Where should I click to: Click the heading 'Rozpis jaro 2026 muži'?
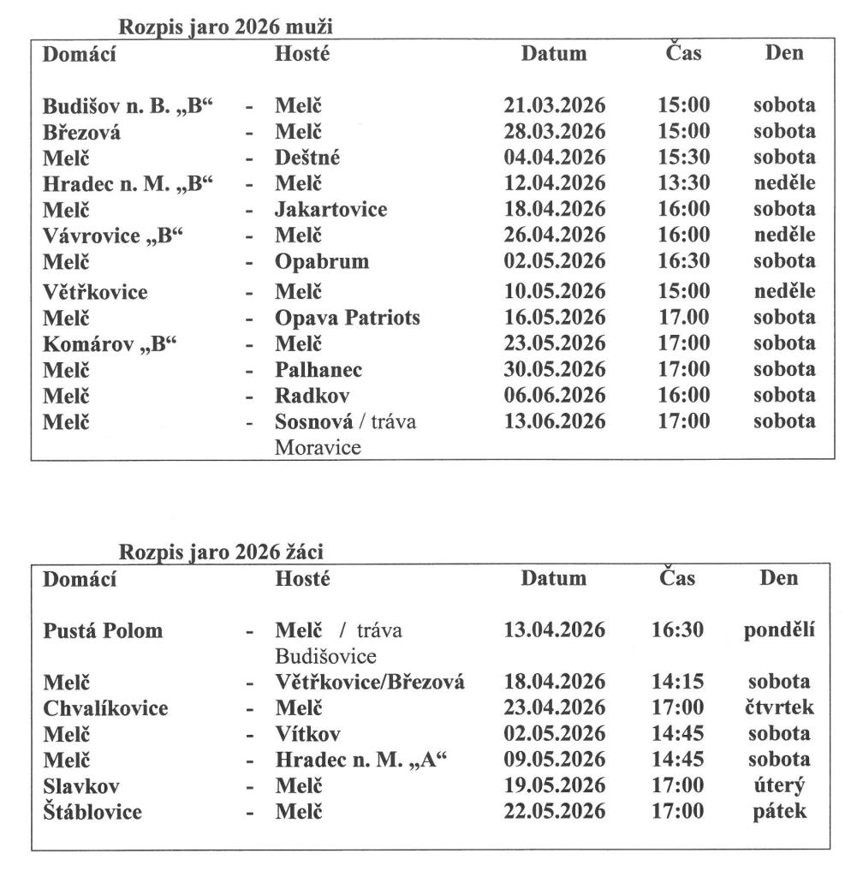click(x=226, y=27)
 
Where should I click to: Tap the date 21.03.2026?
click(x=554, y=106)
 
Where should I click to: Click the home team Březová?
click(x=82, y=133)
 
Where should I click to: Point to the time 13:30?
click(x=683, y=184)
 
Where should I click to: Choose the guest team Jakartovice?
click(x=330, y=210)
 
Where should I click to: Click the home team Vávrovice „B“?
click(x=115, y=236)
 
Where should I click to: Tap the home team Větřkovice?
click(x=95, y=292)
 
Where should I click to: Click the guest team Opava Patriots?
click(x=348, y=318)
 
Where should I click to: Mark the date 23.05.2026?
click(x=554, y=343)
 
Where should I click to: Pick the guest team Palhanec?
click(x=318, y=370)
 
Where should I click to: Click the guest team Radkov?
click(x=312, y=396)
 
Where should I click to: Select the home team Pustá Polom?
click(x=103, y=631)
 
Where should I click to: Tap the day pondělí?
click(x=778, y=631)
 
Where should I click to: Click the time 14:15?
click(x=677, y=683)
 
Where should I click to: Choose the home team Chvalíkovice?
click(x=105, y=708)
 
